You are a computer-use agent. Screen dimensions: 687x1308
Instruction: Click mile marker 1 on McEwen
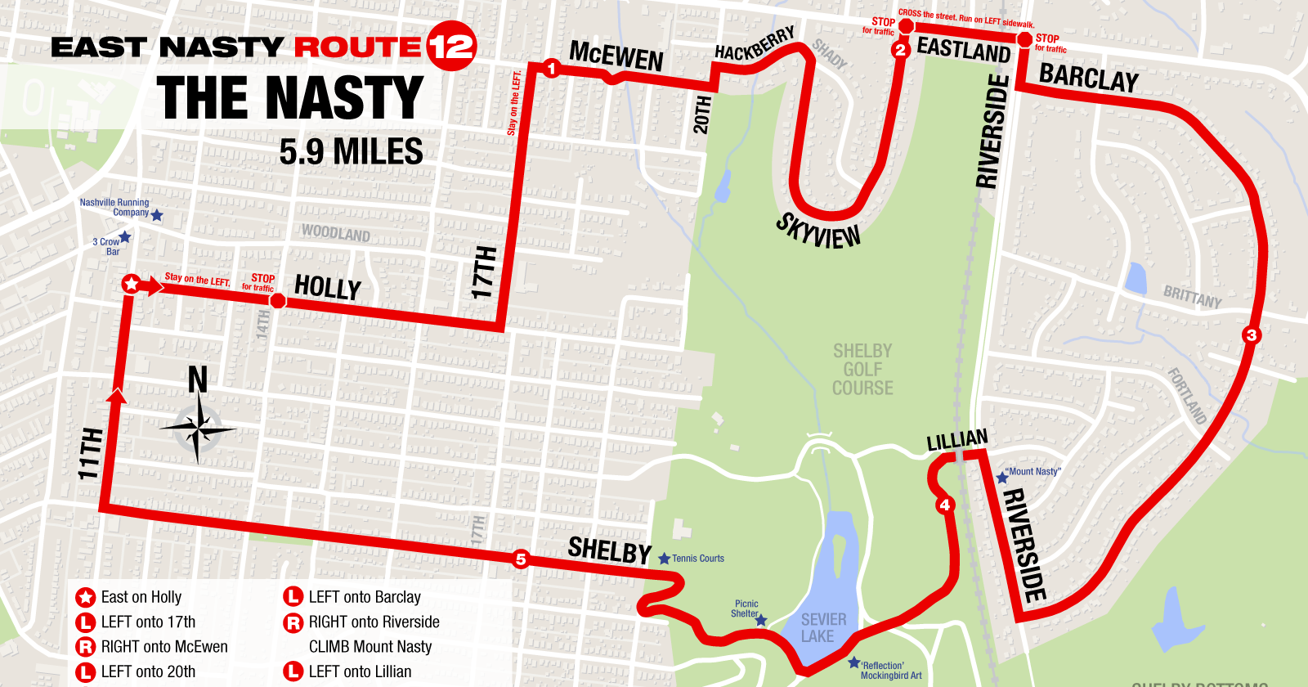tap(551, 69)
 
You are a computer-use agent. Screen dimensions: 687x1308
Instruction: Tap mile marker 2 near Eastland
tap(900, 50)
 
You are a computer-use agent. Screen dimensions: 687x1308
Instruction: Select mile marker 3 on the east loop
tap(1251, 335)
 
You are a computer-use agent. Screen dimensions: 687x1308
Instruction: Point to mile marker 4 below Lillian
tap(945, 505)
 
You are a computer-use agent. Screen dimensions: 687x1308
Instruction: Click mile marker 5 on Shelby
tap(521, 559)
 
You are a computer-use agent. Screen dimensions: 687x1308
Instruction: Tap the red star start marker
tap(131, 284)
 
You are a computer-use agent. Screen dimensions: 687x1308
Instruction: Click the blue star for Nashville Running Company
tap(157, 215)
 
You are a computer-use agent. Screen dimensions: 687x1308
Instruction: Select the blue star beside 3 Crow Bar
tap(125, 237)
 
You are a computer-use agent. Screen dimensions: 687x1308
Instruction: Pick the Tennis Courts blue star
tap(664, 559)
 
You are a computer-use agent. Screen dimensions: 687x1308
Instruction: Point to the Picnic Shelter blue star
tap(761, 621)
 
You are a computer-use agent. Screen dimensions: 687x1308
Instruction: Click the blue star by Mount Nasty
tap(1001, 477)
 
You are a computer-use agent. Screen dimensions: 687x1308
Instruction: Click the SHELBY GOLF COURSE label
tap(862, 370)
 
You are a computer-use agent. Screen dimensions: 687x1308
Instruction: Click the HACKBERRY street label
tap(755, 44)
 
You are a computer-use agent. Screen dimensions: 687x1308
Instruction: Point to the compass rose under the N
tap(198, 429)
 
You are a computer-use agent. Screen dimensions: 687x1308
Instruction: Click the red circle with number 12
tap(450, 46)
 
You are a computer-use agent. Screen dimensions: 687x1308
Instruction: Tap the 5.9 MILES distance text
tap(352, 152)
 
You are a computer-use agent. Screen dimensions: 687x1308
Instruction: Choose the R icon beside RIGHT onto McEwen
tap(86, 647)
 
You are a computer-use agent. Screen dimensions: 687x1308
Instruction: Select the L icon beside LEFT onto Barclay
tap(293, 597)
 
